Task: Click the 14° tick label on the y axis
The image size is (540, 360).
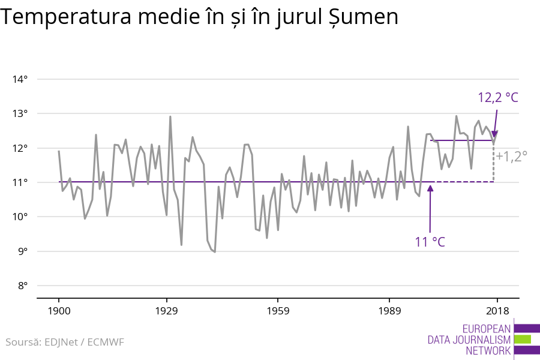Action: [21, 79]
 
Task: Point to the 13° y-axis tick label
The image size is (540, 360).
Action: [21, 113]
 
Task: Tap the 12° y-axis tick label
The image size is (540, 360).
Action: [21, 148]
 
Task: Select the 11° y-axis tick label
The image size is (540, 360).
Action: [21, 182]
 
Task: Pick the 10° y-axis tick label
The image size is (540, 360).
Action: [21, 217]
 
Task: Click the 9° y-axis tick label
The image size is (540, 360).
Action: [23, 251]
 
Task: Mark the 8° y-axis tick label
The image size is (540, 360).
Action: [23, 286]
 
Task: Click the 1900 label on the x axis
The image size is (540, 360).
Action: [59, 311]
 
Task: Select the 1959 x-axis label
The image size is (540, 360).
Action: [278, 311]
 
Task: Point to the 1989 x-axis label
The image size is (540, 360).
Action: [389, 311]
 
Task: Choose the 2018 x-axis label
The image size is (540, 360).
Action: [497, 311]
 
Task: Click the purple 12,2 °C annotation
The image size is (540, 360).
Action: [497, 97]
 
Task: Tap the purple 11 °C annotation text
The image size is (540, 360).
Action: [430, 242]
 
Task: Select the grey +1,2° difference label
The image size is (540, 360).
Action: [511, 156]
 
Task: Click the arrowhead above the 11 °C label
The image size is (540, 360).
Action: [430, 187]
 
